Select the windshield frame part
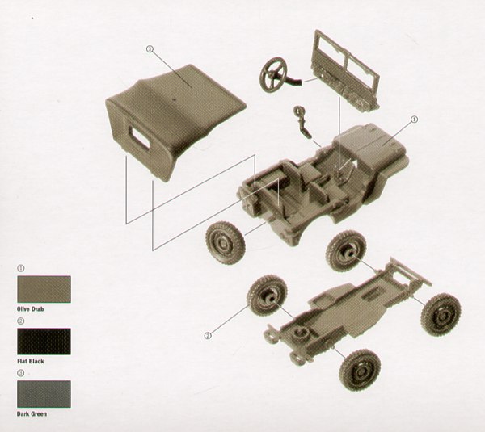point(346,70)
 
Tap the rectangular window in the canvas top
point(139,136)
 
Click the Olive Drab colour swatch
point(44,289)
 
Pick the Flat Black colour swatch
point(44,341)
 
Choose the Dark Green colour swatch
point(44,394)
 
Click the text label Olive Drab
point(31,309)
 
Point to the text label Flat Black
point(31,361)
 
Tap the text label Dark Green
point(32,413)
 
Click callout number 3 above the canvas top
point(150,48)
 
